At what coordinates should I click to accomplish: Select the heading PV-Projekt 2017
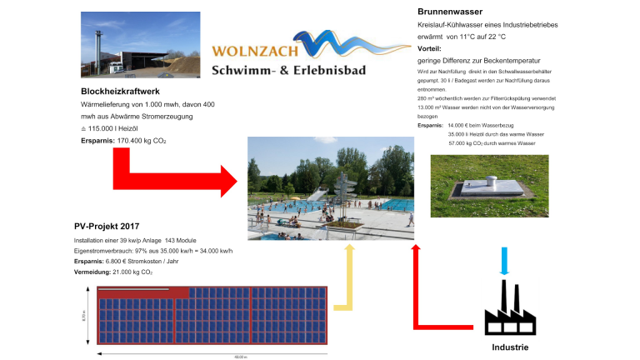click(x=107, y=226)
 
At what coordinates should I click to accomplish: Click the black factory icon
click(x=509, y=309)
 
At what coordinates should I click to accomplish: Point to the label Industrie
click(x=510, y=347)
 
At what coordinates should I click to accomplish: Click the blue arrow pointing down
click(x=502, y=260)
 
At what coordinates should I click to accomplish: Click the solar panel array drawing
click(x=212, y=317)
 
